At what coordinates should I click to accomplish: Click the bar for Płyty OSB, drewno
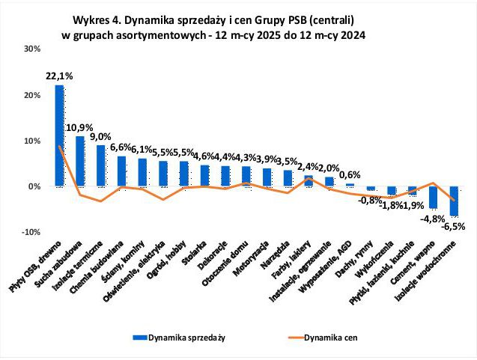[x=59, y=135]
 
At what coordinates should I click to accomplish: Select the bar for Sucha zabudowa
[x=79, y=161]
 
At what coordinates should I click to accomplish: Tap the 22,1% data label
[x=59, y=76]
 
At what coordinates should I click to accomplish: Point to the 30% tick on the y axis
[x=31, y=49]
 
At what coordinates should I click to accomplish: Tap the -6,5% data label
[x=454, y=225]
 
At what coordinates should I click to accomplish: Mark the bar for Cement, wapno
[x=433, y=197]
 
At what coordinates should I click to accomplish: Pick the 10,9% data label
[x=79, y=128]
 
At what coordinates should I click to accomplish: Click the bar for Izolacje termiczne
[x=100, y=165]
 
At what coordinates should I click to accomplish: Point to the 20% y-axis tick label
[x=31, y=95]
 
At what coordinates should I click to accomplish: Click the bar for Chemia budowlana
[x=121, y=171]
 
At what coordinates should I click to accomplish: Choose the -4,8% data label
[x=432, y=219]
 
